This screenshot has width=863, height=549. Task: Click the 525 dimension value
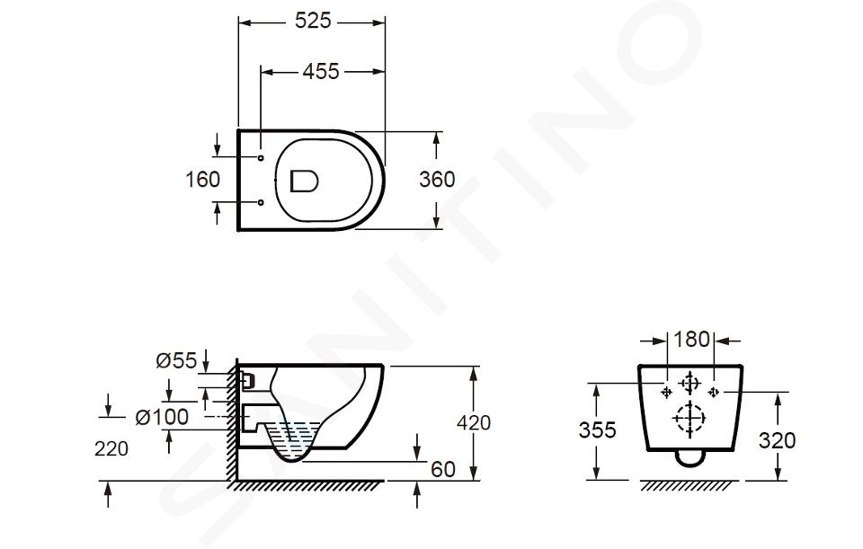click(x=313, y=21)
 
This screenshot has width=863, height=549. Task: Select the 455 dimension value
click(x=321, y=72)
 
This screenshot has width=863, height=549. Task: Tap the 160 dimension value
click(x=202, y=180)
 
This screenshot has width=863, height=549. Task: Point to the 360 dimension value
click(x=437, y=180)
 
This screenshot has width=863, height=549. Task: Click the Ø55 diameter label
click(x=176, y=361)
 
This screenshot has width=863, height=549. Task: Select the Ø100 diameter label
click(x=162, y=417)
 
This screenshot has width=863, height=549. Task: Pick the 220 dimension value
click(x=111, y=449)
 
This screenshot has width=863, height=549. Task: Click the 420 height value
click(x=474, y=422)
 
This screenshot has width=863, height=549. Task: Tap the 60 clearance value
click(x=443, y=469)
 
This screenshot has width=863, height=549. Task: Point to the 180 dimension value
click(x=691, y=340)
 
